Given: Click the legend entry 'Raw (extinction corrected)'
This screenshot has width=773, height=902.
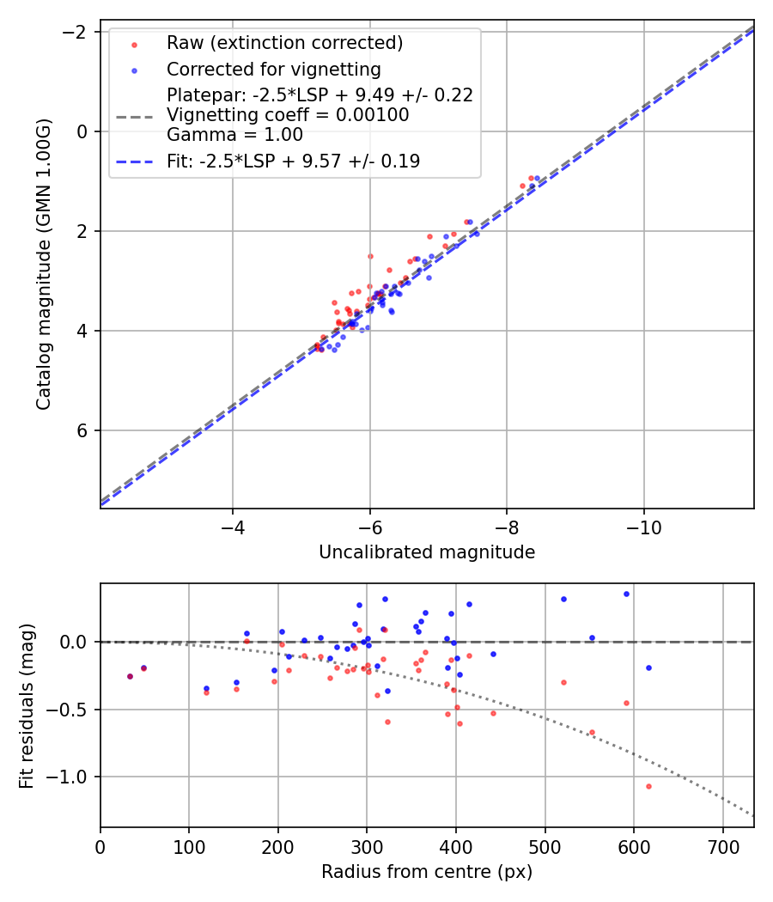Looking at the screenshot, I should click(284, 43).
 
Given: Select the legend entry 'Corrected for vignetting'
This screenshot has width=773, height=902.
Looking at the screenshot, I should click(274, 69).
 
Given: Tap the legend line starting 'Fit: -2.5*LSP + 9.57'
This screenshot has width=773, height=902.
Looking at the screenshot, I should click(293, 161).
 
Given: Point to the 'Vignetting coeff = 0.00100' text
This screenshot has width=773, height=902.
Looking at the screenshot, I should click(288, 114).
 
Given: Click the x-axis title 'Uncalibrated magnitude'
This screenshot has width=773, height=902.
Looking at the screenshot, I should click(427, 552).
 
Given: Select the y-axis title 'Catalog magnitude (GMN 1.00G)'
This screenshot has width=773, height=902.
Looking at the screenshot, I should click(44, 265).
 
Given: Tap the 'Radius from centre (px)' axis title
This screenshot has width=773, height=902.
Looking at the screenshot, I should click(427, 872).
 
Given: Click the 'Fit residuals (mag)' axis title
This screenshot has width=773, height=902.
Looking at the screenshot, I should click(27, 705).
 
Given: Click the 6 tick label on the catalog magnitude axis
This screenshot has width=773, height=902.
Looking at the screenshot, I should click(82, 430).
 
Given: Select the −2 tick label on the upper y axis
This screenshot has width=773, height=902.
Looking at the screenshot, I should click(76, 32).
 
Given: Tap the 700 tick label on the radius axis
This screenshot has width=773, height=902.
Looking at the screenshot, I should click(722, 848).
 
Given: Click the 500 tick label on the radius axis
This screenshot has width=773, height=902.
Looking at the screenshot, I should click(545, 848).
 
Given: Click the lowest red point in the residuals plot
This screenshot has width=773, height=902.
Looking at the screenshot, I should click(648, 786).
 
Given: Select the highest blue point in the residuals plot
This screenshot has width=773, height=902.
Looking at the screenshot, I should click(626, 594).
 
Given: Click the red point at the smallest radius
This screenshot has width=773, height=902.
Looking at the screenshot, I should click(130, 676).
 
